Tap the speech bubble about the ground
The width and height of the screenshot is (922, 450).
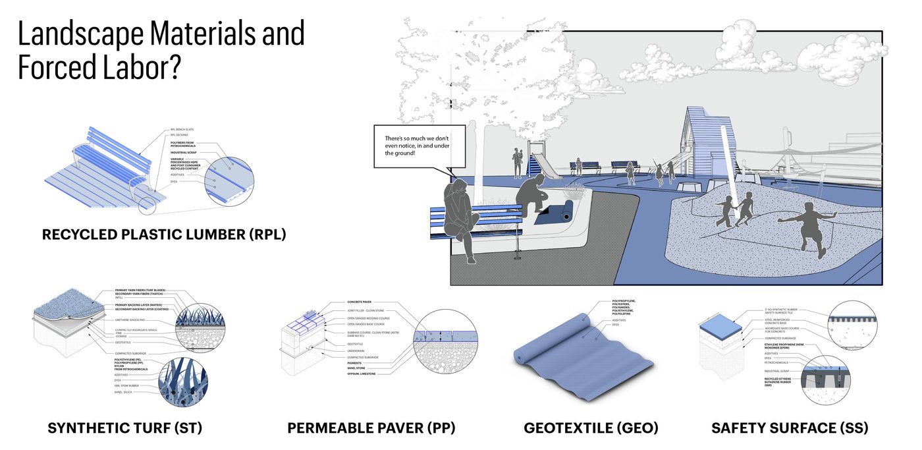tap(417, 146)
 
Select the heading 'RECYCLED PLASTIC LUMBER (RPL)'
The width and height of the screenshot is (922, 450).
tap(164, 235)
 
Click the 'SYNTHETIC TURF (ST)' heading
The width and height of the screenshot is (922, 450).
tap(124, 428)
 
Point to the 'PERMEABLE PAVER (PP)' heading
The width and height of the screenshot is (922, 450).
tap(371, 428)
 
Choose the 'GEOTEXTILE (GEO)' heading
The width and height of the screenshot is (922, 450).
tap(591, 428)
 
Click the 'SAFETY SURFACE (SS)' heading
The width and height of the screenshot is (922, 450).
tap(790, 428)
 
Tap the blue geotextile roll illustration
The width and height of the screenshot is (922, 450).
tap(580, 349)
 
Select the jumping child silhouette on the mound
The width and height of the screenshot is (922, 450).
tap(807, 227)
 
